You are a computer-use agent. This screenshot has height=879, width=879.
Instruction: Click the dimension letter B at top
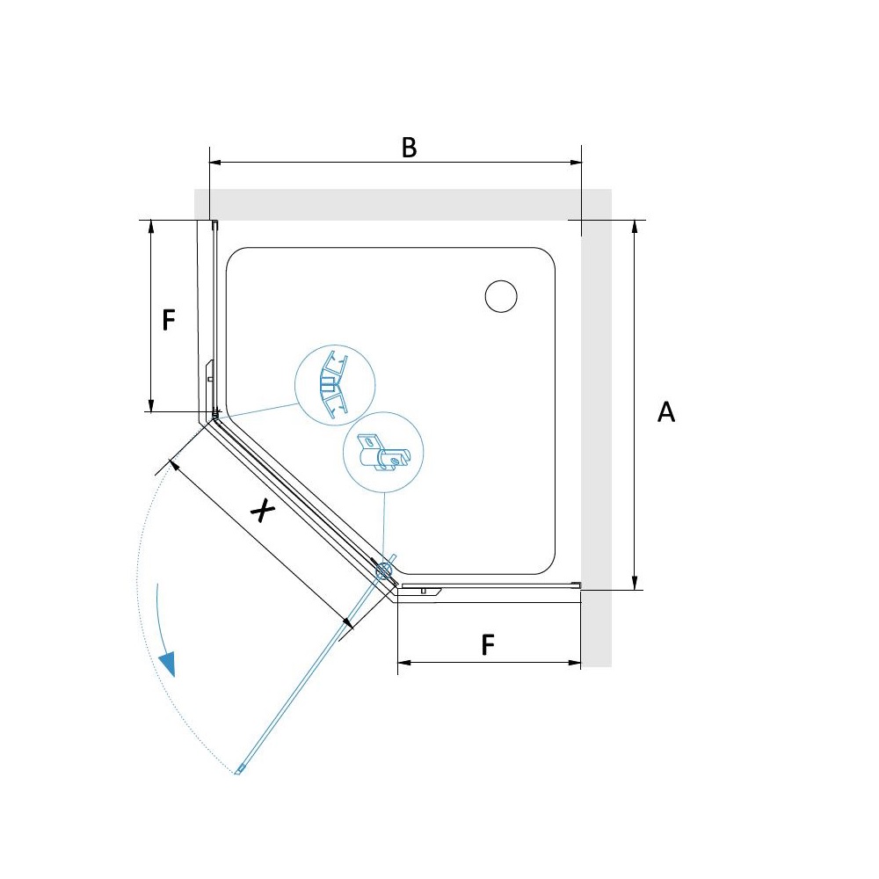[410, 148]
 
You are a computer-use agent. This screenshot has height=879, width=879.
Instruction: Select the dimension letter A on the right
[666, 411]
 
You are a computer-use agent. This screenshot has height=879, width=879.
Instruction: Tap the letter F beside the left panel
[169, 320]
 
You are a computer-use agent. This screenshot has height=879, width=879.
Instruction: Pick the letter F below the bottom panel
[488, 644]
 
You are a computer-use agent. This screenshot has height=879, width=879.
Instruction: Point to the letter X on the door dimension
[262, 511]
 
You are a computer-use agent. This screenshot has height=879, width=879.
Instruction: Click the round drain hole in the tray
[501, 296]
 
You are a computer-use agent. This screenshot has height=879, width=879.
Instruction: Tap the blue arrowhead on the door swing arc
[168, 665]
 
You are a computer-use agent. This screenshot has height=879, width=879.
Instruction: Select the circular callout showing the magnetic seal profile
[335, 385]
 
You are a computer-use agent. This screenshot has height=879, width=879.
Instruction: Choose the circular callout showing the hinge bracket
[383, 453]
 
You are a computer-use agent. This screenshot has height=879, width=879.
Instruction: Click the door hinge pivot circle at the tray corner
[384, 570]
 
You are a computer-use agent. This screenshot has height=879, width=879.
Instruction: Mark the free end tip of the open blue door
[237, 772]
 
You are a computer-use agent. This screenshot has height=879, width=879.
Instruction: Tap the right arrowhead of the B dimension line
[575, 163]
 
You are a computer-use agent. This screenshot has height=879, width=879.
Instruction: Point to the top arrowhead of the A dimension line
[635, 227]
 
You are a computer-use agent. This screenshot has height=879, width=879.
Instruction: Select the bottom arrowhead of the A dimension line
[635, 583]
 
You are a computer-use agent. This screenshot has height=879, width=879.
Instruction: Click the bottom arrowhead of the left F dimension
[151, 405]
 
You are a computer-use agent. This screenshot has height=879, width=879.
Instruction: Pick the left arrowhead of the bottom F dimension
[404, 663]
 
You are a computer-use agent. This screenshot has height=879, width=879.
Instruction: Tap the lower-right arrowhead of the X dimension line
[347, 623]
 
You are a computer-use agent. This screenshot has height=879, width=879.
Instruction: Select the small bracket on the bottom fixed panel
[422, 591]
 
